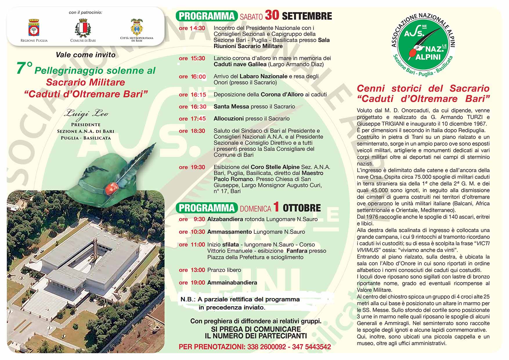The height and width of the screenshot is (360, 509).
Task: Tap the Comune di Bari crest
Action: click(x=83, y=28)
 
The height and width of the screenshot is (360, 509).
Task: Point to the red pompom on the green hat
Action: click(x=111, y=188)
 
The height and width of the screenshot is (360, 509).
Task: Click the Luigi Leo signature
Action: click(x=86, y=114)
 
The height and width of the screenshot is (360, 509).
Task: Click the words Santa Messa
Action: click(x=231, y=107)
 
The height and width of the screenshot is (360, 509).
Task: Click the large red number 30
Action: click(x=272, y=15)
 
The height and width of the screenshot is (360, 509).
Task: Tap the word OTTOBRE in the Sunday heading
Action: click(x=302, y=208)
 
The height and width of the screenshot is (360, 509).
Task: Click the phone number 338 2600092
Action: click(x=266, y=347)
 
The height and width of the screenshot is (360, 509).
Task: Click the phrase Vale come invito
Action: click(x=86, y=55)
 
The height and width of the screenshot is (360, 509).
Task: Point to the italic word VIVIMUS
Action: click(x=368, y=250)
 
